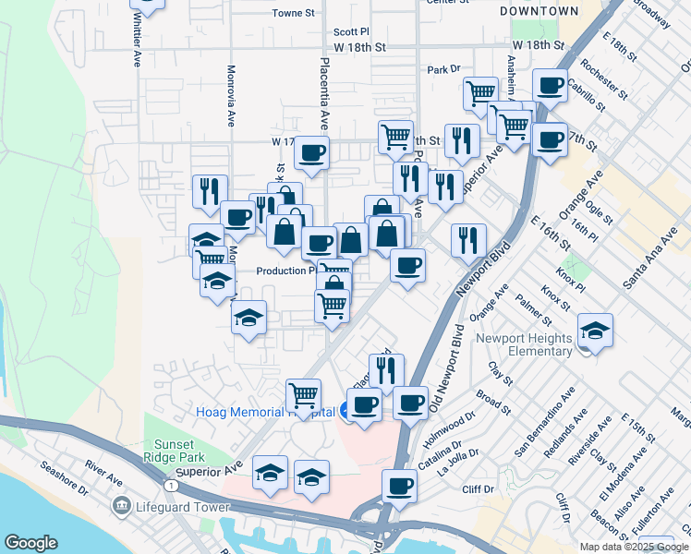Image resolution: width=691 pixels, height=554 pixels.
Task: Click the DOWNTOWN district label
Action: (539, 11)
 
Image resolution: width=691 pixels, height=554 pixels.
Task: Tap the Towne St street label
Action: (294, 14)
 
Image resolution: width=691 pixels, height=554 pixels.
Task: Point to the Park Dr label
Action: (443, 69)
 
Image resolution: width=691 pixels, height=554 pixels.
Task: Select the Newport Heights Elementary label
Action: (524, 344)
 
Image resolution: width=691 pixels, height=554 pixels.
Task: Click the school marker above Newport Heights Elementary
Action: (596, 330)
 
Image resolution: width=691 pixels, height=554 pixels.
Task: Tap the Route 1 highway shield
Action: (170, 484)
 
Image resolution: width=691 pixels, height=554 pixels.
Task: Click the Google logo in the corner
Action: (30, 543)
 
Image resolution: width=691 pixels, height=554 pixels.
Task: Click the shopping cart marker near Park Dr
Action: (480, 91)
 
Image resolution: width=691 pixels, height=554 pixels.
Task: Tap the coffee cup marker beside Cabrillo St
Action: (552, 85)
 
